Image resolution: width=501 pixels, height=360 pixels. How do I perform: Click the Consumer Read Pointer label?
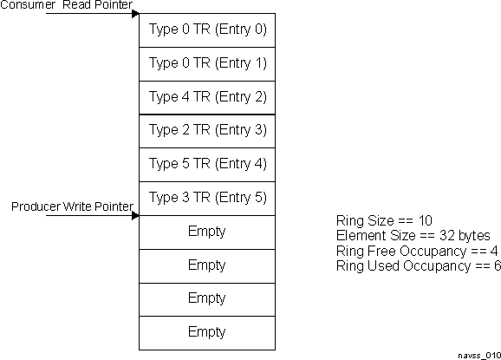(67, 6)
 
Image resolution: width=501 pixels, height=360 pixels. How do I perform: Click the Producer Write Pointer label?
(72, 207)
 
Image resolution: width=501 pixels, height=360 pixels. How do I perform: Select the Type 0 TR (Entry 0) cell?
(207, 29)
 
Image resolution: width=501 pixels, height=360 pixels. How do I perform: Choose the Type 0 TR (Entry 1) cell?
(207, 63)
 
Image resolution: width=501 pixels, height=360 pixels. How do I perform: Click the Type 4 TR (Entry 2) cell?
(207, 97)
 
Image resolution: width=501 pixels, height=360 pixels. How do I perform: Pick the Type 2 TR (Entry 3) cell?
(207, 130)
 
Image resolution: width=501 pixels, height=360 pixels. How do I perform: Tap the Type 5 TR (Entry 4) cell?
(207, 164)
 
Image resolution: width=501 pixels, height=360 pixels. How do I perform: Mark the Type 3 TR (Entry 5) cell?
(207, 198)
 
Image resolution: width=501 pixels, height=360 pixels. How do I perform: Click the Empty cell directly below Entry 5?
(207, 232)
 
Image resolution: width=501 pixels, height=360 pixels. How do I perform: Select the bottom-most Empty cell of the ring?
(207, 331)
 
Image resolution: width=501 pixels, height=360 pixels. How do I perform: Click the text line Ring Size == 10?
(383, 220)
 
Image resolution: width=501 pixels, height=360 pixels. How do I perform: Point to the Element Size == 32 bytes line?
(413, 236)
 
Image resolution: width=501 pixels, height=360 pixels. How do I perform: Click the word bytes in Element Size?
(474, 236)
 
